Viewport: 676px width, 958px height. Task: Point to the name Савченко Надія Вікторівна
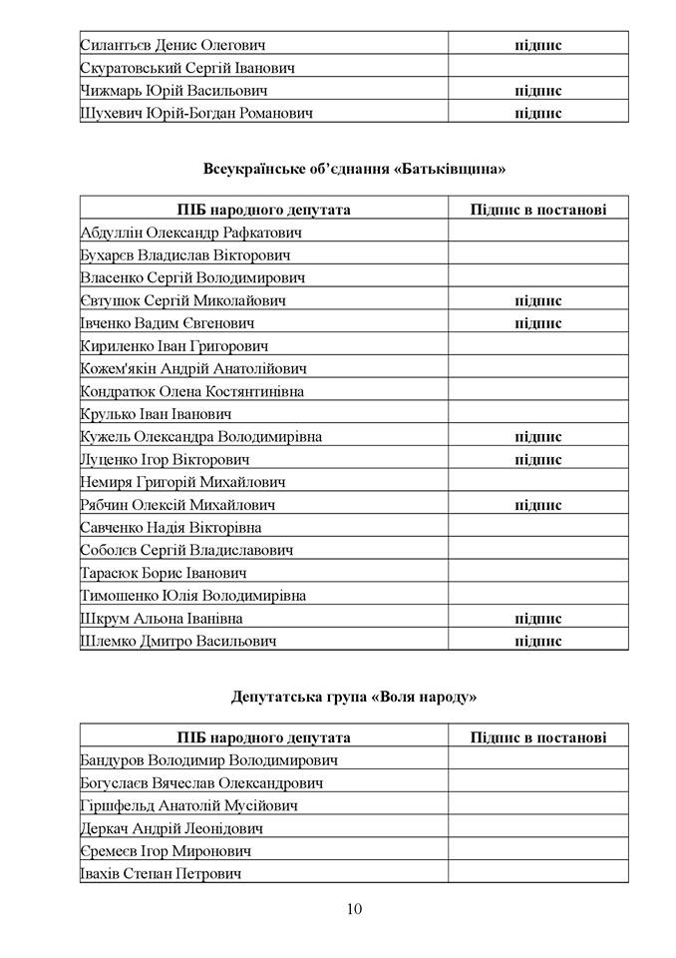170,528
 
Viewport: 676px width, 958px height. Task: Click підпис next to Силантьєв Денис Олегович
538,46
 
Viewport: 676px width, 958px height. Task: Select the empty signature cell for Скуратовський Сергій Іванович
538,69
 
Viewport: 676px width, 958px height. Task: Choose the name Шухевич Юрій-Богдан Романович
196,114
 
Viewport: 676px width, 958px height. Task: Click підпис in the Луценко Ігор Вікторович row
538,460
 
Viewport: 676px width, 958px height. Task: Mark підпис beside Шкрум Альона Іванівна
538,619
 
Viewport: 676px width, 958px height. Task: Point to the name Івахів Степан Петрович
165,874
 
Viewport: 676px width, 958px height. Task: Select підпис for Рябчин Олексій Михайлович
538,505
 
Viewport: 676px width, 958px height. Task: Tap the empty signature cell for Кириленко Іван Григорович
538,346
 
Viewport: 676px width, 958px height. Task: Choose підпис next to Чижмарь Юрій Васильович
538,91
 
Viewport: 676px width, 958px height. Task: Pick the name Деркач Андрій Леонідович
171,828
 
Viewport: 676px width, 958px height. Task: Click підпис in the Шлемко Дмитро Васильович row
538,641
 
